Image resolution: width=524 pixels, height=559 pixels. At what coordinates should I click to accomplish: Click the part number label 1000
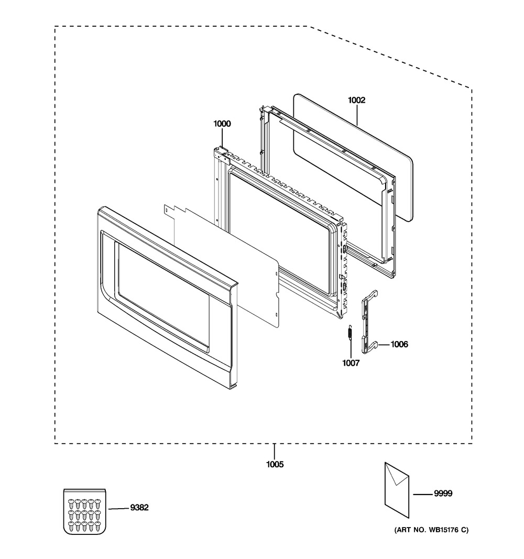[222, 124]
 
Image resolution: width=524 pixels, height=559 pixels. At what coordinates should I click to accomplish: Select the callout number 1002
[357, 100]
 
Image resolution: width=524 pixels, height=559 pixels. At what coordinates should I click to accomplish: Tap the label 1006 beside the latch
[399, 344]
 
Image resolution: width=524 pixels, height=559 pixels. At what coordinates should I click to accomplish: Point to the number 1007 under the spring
[351, 363]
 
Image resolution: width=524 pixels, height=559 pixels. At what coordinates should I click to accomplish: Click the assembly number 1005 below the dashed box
[275, 465]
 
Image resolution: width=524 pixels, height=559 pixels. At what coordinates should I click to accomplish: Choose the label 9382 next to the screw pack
[139, 507]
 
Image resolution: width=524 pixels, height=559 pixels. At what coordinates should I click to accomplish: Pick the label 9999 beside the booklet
[443, 494]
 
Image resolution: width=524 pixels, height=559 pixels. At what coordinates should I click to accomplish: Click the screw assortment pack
[85, 511]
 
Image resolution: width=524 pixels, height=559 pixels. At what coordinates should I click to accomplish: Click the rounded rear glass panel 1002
[353, 158]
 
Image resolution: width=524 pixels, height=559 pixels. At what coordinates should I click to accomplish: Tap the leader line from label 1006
[384, 345]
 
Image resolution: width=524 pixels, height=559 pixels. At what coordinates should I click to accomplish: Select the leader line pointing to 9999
[423, 494]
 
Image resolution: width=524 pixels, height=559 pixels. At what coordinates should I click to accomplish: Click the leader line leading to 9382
[118, 508]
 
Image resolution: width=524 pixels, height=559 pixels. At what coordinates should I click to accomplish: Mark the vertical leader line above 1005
[275, 452]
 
